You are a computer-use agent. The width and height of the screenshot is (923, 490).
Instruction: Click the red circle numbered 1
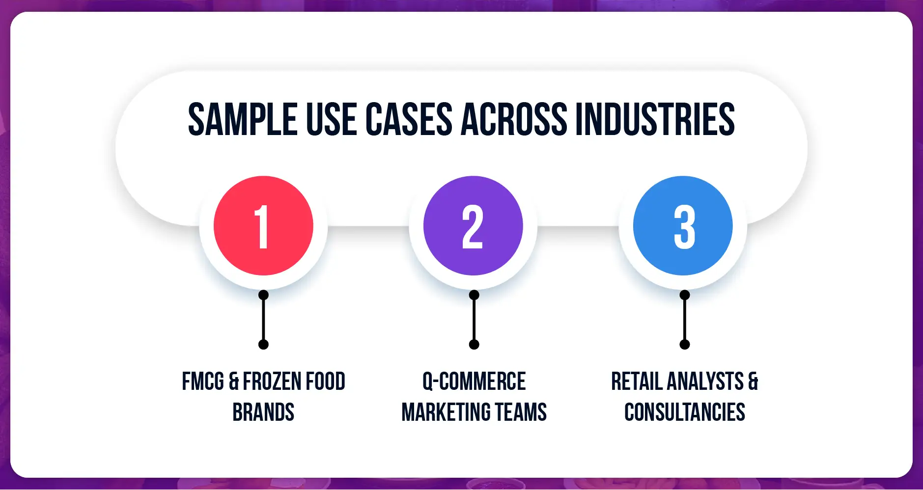click(x=263, y=226)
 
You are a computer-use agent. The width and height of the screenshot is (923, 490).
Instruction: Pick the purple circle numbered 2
click(x=473, y=226)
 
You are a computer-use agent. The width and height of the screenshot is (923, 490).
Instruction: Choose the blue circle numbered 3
click(x=683, y=226)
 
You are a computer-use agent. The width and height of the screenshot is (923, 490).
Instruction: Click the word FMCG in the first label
click(x=203, y=381)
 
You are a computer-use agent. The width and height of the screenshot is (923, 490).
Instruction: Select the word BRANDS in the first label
click(x=263, y=412)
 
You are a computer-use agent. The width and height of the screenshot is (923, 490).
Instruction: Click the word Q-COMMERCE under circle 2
click(x=474, y=381)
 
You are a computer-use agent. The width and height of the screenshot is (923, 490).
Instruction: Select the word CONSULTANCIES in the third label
click(x=685, y=412)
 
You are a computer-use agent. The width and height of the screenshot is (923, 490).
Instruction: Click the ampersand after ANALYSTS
click(x=753, y=381)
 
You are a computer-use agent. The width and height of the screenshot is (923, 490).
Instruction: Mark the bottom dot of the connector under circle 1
click(x=263, y=344)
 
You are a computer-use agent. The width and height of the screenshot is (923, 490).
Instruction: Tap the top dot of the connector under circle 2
click(x=474, y=295)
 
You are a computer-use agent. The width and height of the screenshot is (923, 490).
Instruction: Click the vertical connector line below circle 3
click(x=685, y=320)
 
